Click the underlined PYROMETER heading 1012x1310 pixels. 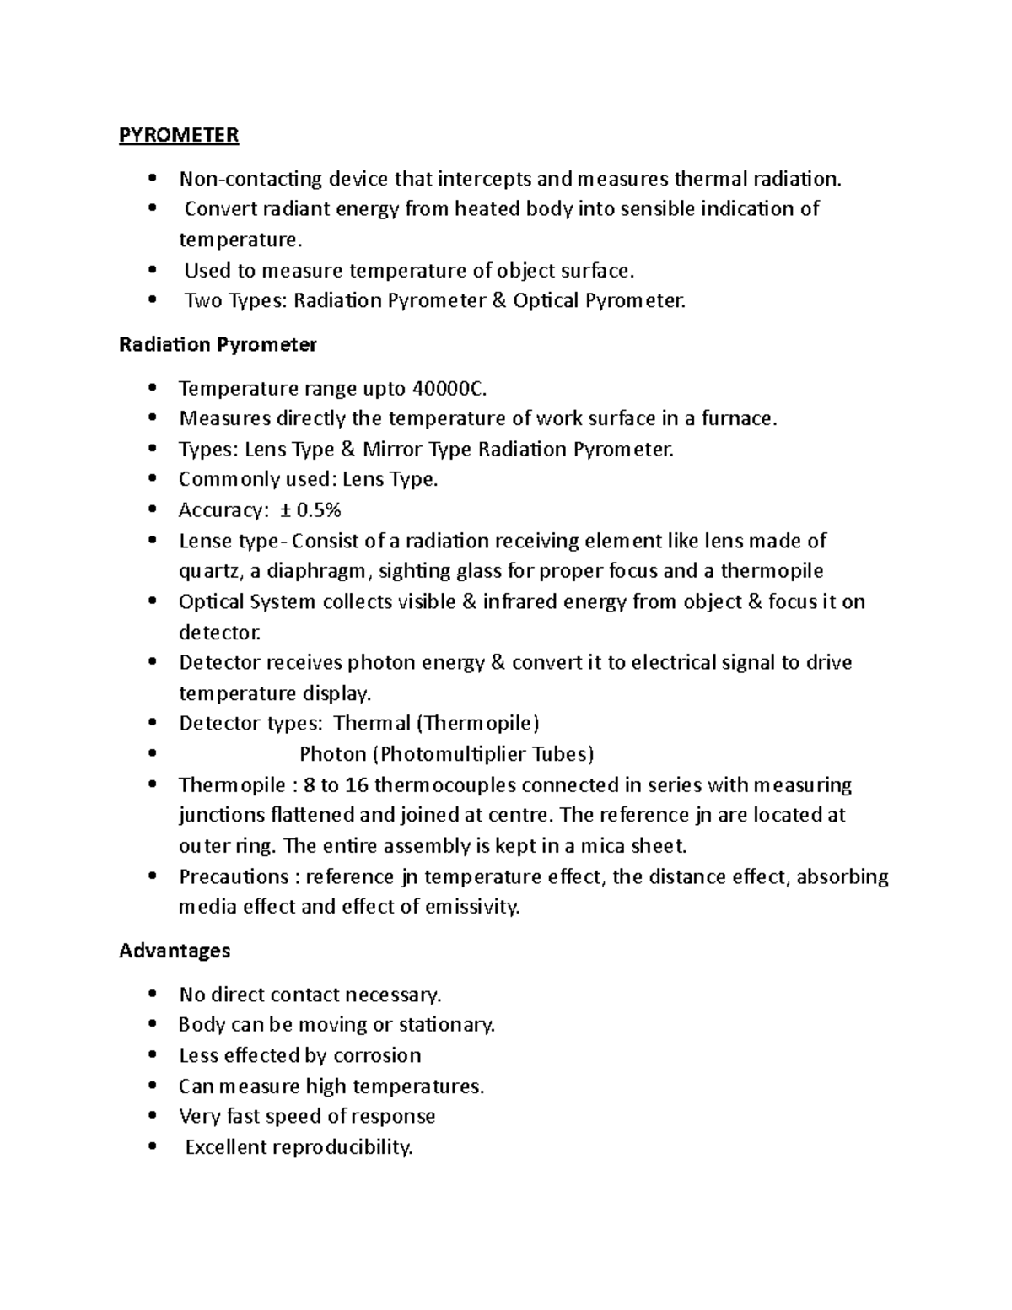(x=179, y=135)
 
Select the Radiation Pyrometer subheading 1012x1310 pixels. (x=218, y=344)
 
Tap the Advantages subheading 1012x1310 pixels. (x=175, y=951)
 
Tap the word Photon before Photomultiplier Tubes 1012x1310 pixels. (x=333, y=753)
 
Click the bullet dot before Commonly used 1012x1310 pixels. (x=152, y=479)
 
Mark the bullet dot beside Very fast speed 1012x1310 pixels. (x=152, y=1116)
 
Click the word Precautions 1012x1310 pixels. (x=234, y=876)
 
